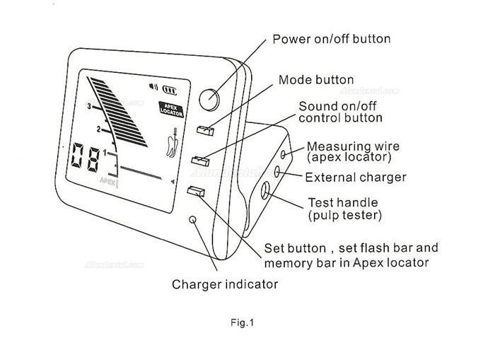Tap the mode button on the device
[x=204, y=129]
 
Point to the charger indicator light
[x=193, y=221]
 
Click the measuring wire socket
[x=284, y=153]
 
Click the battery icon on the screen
[x=169, y=90]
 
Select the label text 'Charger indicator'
[x=225, y=284]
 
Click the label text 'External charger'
[x=355, y=177]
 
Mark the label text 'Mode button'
[x=316, y=80]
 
